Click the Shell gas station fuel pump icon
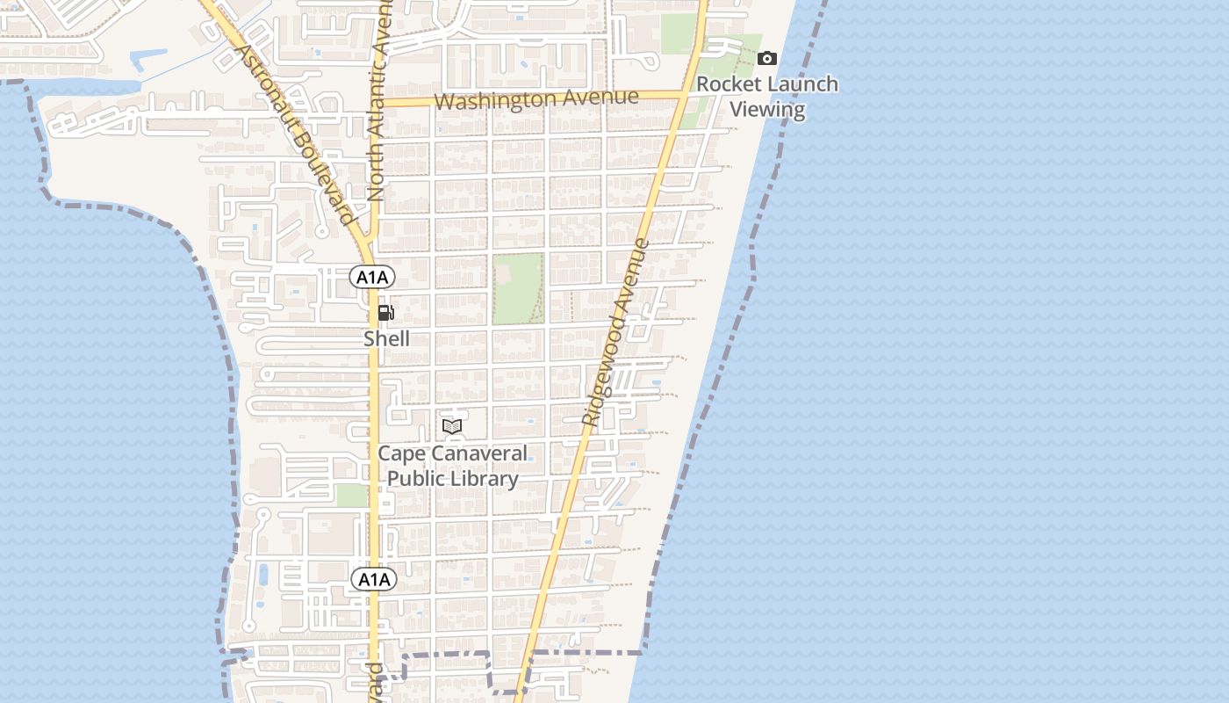click(x=385, y=313)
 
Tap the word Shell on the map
click(x=386, y=338)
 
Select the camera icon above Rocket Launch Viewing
click(x=767, y=59)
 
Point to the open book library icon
click(x=452, y=427)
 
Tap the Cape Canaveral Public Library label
click(x=453, y=466)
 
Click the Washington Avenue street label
click(x=535, y=99)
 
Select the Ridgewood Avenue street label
click(x=616, y=334)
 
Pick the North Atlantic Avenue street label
click(x=378, y=105)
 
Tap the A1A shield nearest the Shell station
click(x=372, y=278)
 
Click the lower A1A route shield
click(x=374, y=579)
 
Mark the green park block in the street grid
click(x=517, y=288)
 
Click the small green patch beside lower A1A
click(x=351, y=496)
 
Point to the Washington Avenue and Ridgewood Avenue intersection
click(x=685, y=95)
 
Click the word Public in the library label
click(x=416, y=479)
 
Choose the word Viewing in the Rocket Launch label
click(x=767, y=110)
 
